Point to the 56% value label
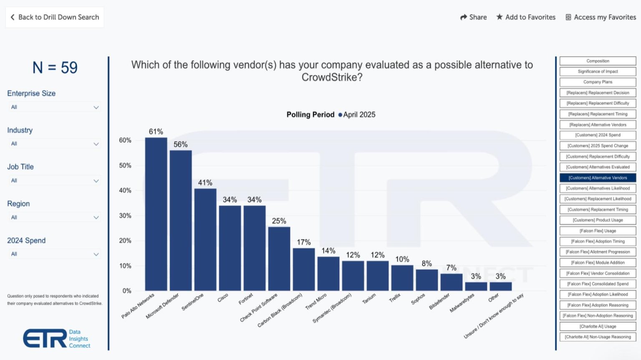181,144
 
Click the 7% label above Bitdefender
451,268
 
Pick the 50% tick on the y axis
125,166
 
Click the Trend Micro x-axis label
316,302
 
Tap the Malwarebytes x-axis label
462,303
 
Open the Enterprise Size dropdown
55,107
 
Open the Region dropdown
55,217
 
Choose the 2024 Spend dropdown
55,254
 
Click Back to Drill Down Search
55,17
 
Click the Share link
473,17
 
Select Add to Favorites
526,17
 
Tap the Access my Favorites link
601,17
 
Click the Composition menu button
598,61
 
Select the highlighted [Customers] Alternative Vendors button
598,178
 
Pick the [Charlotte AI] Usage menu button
598,326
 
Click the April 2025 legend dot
340,115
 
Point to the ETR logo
45,338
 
